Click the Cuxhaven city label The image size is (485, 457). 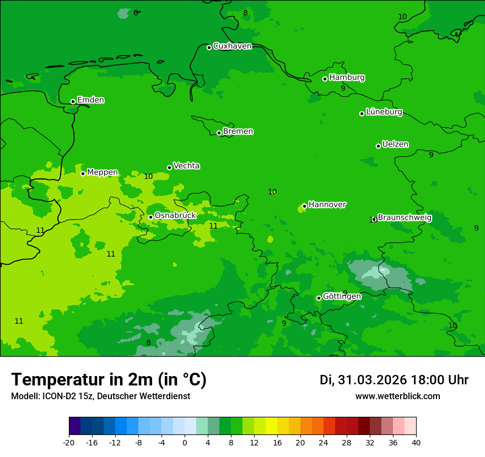click(232, 46)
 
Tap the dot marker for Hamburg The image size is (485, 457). click(325, 79)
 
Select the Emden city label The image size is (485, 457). click(90, 100)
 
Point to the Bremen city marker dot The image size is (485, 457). click(219, 133)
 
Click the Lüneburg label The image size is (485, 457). click(384, 112)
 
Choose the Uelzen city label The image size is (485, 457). click(395, 145)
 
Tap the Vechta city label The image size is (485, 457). click(186, 166)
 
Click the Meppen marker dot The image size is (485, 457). click(83, 173)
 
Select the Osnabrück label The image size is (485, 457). click(175, 215)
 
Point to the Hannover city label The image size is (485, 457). click(327, 205)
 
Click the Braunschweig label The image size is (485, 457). click(405, 218)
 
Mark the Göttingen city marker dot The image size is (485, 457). click(319, 298)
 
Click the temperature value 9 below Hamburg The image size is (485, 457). click(343, 88)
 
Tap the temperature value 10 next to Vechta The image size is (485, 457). click(148, 177)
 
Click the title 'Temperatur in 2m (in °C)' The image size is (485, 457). click(109, 380)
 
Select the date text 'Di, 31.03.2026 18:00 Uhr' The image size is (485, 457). click(394, 380)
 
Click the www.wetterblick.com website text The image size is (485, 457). click(397, 396)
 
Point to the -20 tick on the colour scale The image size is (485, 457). click(69, 443)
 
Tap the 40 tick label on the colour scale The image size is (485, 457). click(416, 443)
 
